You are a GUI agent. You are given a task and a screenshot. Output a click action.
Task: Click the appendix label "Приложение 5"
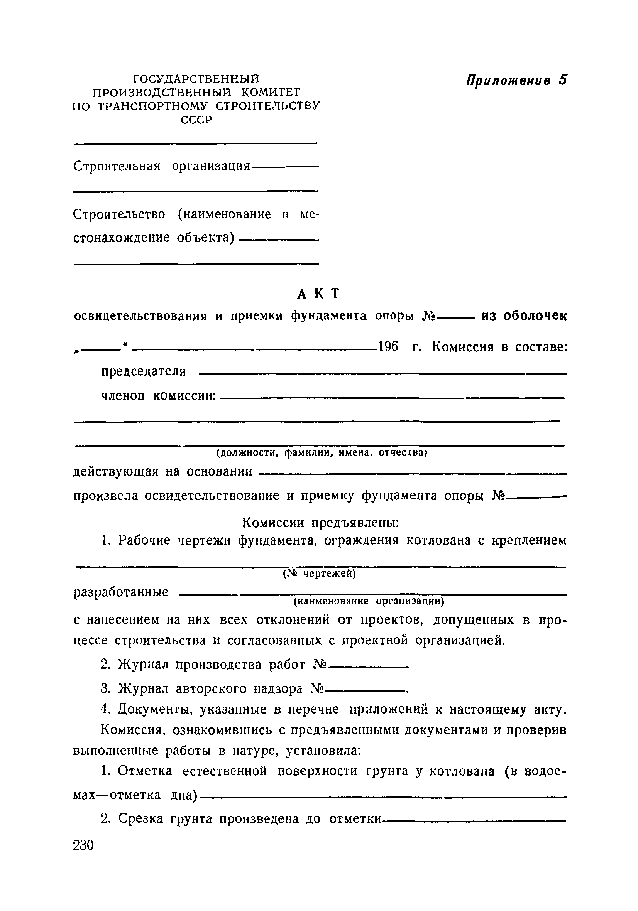[x=516, y=80]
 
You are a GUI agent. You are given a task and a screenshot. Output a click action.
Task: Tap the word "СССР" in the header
[x=196, y=120]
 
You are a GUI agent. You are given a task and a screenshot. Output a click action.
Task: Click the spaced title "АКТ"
[x=319, y=294]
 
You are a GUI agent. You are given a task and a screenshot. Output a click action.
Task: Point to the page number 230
[x=83, y=845]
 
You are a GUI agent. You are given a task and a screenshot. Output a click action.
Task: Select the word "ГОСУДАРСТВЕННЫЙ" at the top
[x=196, y=79]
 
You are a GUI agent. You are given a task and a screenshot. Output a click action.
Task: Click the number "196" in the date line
[x=388, y=347]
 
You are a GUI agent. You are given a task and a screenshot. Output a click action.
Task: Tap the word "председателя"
[x=143, y=371]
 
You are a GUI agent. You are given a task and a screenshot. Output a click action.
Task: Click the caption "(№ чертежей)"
[x=319, y=574]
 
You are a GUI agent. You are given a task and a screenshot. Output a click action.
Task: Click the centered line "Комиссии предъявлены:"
[x=320, y=523]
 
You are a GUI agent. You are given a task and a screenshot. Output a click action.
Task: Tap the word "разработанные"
[x=121, y=592]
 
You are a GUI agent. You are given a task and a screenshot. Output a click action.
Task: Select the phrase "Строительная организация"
[x=162, y=166]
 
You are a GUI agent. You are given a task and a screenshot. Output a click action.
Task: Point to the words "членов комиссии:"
[x=158, y=396]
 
